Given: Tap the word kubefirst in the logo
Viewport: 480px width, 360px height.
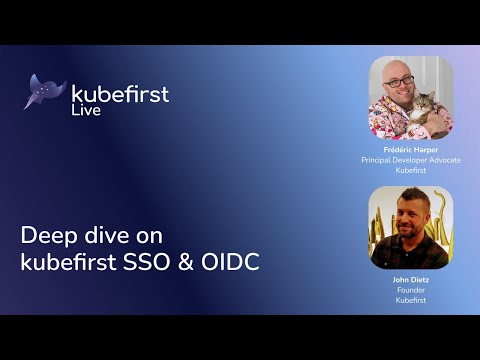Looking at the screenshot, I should (120, 94).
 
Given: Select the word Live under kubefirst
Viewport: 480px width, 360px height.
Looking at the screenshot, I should (86, 111).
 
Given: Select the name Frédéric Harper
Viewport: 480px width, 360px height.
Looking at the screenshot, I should (410, 149).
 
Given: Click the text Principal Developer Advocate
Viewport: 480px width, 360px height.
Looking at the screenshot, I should (410, 160).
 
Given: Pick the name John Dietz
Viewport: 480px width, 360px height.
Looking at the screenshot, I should (410, 280).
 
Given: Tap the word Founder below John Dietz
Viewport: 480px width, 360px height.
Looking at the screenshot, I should (410, 290).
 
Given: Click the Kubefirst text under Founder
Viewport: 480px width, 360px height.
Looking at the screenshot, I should (410, 300).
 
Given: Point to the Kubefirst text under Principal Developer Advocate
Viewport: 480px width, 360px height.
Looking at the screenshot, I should (410, 170).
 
